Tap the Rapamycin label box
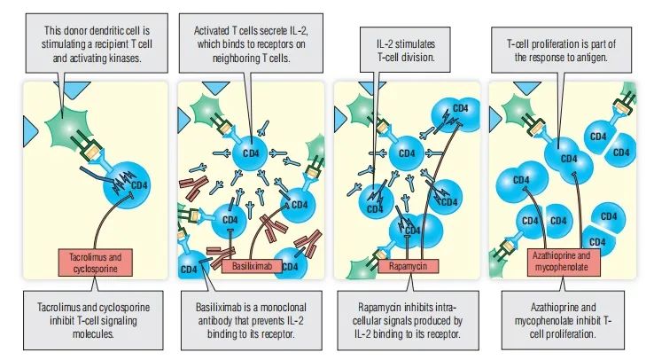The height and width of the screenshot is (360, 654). [x=409, y=264]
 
